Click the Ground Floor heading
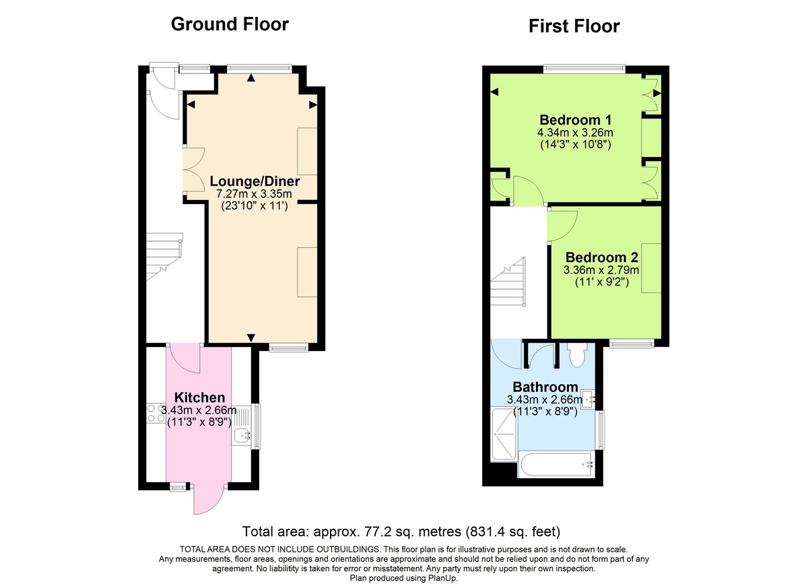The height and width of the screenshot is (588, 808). click(230, 24)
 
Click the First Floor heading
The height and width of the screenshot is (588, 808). click(574, 26)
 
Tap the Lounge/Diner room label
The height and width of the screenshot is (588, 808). click(255, 182)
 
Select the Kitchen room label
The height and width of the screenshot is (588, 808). click(199, 397)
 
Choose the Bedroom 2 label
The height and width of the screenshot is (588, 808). click(601, 257)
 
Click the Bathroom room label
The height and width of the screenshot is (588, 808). click(545, 387)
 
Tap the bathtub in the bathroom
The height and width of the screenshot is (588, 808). click(555, 464)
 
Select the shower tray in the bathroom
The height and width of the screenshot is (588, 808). click(504, 436)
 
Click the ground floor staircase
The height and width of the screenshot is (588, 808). click(164, 256)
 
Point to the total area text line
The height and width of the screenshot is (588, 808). click(401, 531)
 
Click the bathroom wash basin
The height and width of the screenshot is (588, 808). click(587, 399)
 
